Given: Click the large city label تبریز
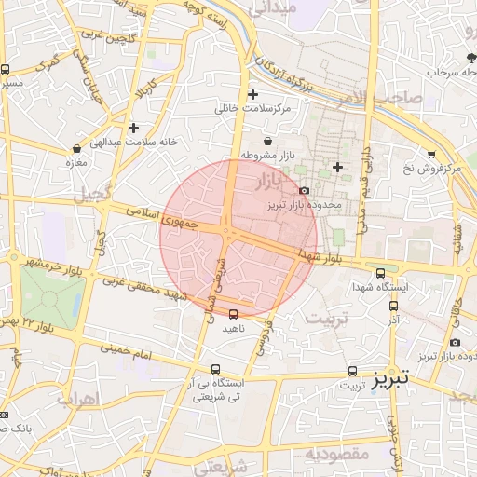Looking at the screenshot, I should click(389, 379).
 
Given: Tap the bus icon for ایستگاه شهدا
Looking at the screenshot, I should click(380, 273).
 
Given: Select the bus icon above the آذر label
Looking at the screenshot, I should click(394, 305).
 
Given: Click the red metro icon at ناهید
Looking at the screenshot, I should click(233, 314).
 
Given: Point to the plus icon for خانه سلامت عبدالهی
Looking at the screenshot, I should click(134, 128).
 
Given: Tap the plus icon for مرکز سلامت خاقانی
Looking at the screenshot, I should click(253, 95).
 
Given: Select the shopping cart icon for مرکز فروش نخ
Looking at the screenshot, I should click(431, 155).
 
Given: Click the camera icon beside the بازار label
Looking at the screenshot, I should click(304, 190).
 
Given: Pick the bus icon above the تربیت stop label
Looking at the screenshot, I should click(352, 371).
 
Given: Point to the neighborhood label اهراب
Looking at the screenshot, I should click(77, 399).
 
